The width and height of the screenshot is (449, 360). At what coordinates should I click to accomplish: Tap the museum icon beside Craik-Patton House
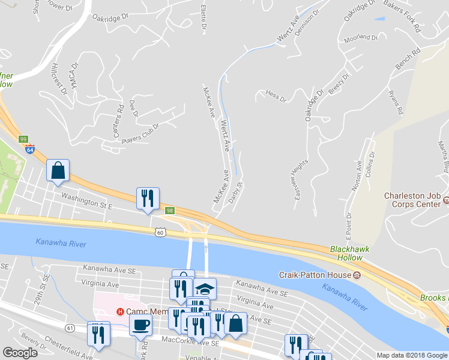pos(357,275)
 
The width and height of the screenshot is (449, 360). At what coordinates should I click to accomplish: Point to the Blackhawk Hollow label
pos(346,253)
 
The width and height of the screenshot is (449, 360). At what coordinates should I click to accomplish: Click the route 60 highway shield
pos(159,232)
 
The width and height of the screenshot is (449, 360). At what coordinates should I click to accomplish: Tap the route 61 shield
pos(70,328)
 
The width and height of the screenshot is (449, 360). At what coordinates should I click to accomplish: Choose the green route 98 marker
pos(170,210)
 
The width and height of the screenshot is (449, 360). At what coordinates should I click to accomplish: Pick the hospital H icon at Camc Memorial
pos(119,311)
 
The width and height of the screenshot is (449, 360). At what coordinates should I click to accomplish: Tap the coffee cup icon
pos(140,325)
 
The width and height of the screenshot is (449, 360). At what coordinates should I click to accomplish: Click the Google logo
pos(20,353)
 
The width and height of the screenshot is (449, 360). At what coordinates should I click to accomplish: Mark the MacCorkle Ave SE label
pos(188,341)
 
